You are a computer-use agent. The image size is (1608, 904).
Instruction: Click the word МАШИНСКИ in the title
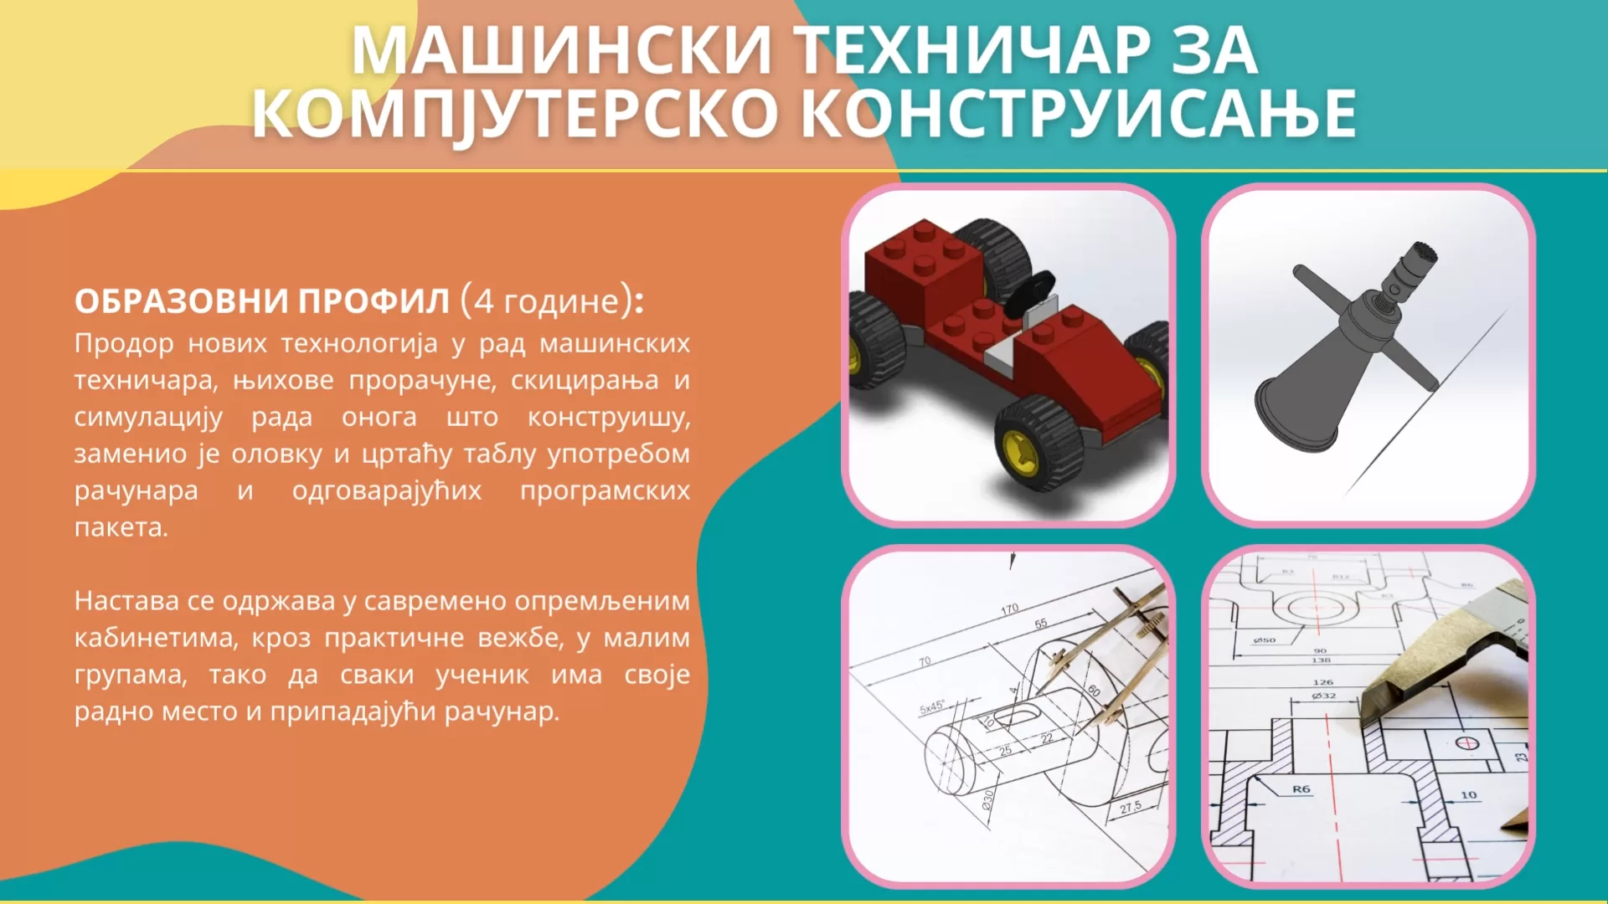pos(562,51)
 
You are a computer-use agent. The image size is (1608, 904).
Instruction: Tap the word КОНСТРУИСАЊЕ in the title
pos(1080,114)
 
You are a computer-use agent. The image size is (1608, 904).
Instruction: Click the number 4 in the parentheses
pos(483,300)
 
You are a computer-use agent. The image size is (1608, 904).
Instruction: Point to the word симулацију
pos(148,418)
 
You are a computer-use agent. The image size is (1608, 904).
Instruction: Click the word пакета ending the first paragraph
pos(121,528)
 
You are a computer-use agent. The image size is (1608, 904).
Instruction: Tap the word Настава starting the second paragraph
pos(126,601)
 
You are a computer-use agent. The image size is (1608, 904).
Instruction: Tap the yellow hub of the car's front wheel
pos(1021,452)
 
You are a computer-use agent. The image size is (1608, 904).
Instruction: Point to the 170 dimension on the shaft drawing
pos(1009,609)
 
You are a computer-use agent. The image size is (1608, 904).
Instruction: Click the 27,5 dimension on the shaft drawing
pos(1131,807)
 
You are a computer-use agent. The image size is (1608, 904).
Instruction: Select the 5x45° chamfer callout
pos(931,707)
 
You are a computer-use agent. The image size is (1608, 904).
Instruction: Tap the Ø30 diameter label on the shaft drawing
pos(988,799)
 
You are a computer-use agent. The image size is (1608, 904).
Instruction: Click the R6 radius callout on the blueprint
pos(1301,789)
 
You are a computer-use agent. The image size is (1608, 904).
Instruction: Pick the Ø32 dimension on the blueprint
pos(1324,696)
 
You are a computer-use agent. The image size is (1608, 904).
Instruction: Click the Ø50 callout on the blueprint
pos(1264,640)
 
